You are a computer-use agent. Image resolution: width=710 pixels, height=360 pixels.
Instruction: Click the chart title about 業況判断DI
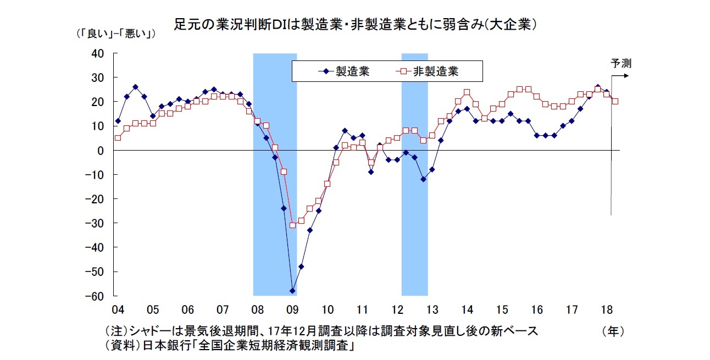pos(355,25)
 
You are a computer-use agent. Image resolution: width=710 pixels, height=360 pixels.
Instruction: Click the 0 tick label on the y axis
pos(101,150)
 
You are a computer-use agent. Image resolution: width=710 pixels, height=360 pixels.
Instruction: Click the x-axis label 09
pos(292,308)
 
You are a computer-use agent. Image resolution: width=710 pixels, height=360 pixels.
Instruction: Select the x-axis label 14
pos(467,308)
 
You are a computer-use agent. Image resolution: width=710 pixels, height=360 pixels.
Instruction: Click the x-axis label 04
pos(118,308)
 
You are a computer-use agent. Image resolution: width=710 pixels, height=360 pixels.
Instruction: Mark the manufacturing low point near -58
pos(292,291)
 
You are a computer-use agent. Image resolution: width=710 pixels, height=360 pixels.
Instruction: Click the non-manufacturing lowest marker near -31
pos(292,225)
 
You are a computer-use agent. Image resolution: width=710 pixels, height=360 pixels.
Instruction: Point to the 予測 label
pos(621,63)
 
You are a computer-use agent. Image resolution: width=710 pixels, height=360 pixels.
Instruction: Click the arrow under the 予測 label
pos(621,75)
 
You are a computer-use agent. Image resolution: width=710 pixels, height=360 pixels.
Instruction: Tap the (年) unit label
pos(613,331)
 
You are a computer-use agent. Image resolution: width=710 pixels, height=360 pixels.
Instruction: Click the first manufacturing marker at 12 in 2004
pos(118,121)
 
